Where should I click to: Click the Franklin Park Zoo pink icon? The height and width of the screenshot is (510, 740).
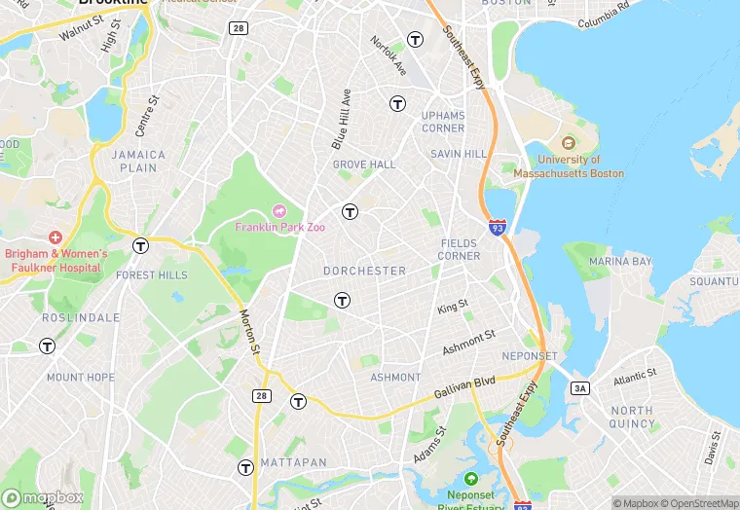(279, 211)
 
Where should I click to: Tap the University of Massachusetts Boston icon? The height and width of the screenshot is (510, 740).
(569, 144)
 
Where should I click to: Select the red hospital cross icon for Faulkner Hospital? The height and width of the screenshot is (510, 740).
(55, 237)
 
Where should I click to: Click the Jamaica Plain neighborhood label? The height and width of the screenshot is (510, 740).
(138, 161)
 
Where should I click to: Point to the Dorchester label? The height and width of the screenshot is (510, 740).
(365, 271)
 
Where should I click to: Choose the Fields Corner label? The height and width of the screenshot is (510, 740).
(460, 249)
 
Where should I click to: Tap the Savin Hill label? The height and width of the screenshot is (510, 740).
(460, 155)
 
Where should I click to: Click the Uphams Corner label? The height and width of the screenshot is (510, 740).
(443, 122)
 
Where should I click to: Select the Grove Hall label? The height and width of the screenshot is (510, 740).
(364, 164)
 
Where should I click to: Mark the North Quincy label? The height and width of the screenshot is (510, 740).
(632, 417)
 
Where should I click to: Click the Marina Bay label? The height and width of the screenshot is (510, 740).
(619, 262)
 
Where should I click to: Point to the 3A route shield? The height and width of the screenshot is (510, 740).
(580, 388)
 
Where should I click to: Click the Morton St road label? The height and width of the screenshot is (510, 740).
(249, 332)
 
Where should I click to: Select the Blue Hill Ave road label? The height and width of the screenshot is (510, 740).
(340, 120)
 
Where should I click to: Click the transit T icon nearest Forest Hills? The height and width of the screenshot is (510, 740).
(141, 245)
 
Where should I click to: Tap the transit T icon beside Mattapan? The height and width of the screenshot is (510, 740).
(245, 467)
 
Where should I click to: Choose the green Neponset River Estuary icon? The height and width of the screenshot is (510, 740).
(472, 479)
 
